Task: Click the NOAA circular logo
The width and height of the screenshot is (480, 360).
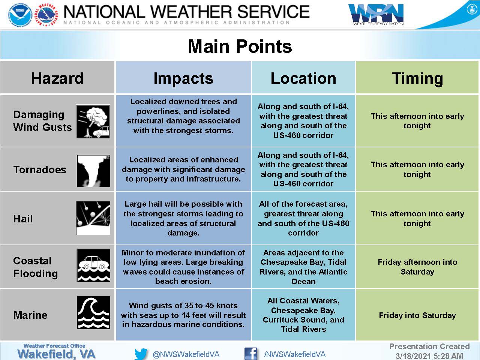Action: coord(20,15)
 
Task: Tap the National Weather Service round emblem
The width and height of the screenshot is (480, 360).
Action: coord(47,15)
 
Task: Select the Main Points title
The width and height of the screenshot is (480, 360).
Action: coord(240,46)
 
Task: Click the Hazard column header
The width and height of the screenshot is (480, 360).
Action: coord(57,78)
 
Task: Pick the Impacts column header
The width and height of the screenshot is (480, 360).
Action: coord(183,79)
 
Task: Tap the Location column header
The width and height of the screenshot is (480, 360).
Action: coord(303,78)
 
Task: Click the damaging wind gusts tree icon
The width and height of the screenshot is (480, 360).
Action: coord(93,121)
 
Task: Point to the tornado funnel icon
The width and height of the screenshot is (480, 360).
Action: coord(94,171)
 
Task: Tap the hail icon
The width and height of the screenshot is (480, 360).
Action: coord(93,218)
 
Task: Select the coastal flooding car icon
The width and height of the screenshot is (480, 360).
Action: coord(94,265)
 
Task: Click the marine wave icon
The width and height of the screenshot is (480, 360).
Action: coord(94,313)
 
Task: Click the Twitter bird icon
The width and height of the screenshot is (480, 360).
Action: coord(141,354)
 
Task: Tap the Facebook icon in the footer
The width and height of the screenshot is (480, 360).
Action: coord(251,354)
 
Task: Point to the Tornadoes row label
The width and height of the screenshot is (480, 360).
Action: coord(40,169)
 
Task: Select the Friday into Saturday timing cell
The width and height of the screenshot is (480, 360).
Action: coord(417,315)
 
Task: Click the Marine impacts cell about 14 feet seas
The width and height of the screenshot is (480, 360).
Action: coord(183,315)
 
